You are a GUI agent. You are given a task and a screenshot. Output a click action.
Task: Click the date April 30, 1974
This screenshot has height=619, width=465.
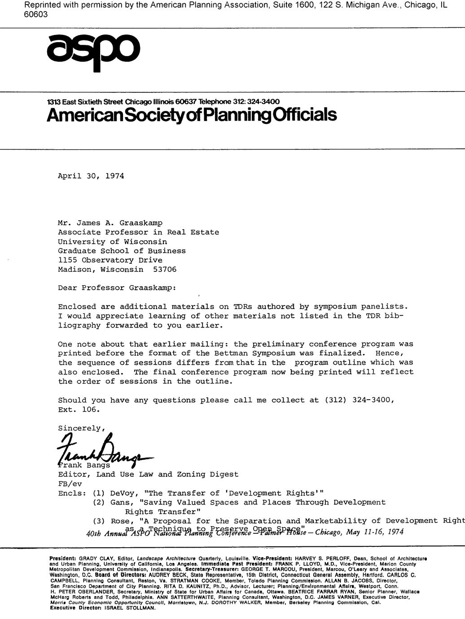[91, 176]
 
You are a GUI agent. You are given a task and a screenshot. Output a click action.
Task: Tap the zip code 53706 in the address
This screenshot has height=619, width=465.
[165, 270]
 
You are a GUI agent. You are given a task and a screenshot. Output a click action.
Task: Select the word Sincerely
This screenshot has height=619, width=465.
[80, 428]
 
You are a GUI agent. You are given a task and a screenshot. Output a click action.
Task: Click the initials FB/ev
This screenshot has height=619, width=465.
[70, 484]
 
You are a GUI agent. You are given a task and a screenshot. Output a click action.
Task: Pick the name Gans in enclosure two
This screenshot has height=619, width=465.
[120, 503]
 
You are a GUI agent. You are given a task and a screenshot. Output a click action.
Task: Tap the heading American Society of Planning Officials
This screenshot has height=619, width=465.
[192, 115]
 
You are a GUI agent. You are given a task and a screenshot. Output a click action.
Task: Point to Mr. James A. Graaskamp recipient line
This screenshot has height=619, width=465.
[110, 223]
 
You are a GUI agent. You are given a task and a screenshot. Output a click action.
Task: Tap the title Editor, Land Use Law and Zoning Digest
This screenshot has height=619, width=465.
[148, 475]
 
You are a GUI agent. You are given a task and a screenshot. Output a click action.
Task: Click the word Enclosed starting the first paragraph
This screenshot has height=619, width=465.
[77, 307]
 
